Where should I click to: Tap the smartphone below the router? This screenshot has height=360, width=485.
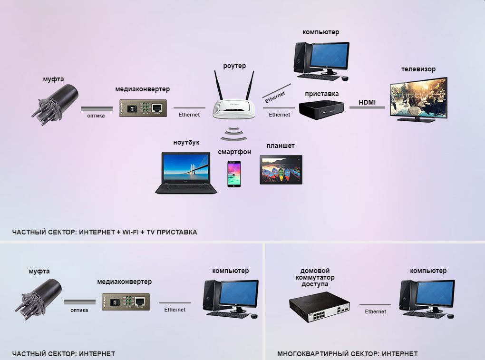tap(234, 174)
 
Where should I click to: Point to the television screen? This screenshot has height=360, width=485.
tap(418, 99)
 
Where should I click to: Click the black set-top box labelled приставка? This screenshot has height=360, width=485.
tap(321, 110)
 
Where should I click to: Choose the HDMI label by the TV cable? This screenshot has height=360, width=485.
tap(367, 102)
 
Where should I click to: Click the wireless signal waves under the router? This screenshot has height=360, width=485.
tap(234, 134)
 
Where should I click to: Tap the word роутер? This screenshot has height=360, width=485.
tap(234, 66)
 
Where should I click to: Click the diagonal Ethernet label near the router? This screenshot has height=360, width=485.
tap(275, 97)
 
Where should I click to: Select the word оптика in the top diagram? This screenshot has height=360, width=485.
tap(96, 116)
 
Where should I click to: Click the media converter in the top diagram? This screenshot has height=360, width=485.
tap(143, 108)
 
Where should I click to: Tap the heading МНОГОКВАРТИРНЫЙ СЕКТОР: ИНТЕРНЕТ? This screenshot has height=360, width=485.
tap(347, 354)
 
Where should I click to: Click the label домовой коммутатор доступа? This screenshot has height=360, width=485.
tap(315, 277)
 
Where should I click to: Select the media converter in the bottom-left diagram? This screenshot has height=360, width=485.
tap(126, 302)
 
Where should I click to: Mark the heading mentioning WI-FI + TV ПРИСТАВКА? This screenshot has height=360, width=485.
tap(105, 232)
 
